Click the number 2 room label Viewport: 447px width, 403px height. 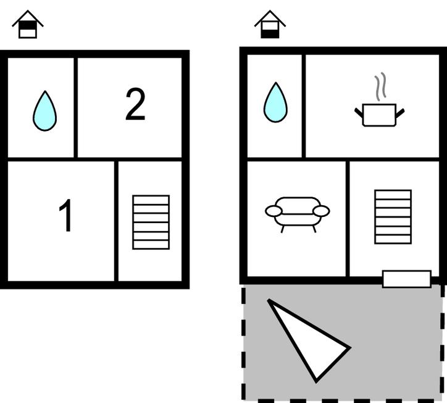tap(135, 105)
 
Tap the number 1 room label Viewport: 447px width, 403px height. tap(66, 216)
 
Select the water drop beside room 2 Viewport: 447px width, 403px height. tap(44, 112)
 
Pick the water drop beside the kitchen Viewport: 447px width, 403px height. tap(275, 103)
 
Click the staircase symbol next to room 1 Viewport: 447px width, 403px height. tap(151, 222)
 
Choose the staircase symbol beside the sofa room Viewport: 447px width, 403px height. tap(393, 216)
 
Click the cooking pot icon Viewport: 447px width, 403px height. tap(379, 115)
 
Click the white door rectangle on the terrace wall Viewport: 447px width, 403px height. tap(406, 279)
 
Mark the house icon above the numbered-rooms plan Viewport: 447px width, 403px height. tap(27, 25)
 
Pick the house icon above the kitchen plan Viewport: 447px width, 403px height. tap(270, 25)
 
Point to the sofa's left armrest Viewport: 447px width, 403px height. tap(274, 211)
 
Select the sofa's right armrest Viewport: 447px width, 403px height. tap(322, 211)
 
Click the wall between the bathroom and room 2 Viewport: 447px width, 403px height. tap(76, 106)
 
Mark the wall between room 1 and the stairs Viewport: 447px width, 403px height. tap(116, 221)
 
